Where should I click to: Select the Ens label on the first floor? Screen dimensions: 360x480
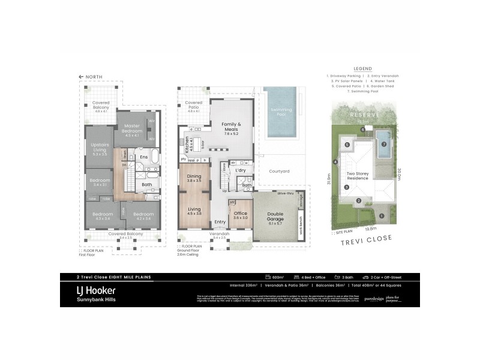(x=143, y=157)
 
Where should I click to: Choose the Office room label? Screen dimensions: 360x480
(x=240, y=213)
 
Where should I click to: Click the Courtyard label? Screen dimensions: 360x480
(x=278, y=172)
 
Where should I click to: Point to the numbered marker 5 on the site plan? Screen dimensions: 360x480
(x=347, y=145)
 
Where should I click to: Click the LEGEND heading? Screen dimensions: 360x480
(x=363, y=69)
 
